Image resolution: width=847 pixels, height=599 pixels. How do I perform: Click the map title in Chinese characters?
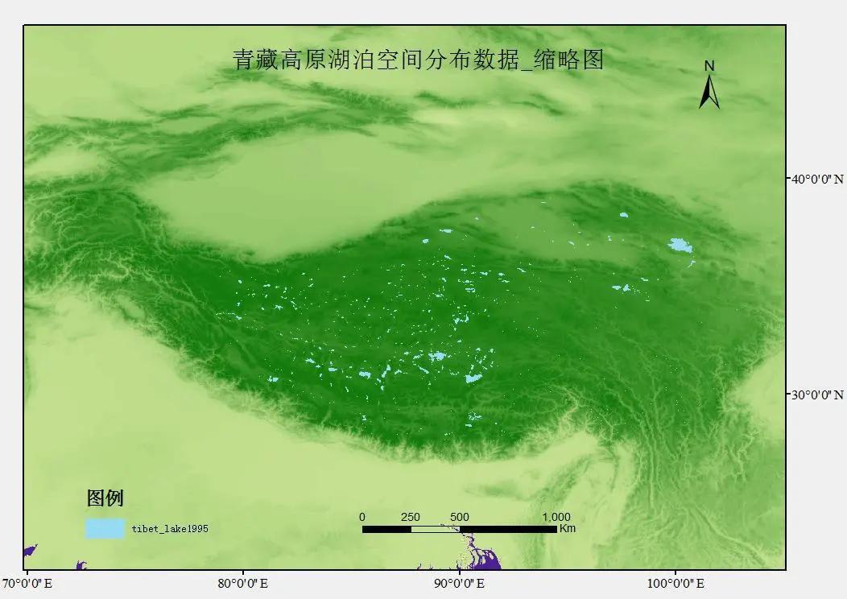point(418,60)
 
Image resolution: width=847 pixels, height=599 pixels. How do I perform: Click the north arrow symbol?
point(709,93)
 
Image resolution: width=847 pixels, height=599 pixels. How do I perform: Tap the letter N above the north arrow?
point(709,65)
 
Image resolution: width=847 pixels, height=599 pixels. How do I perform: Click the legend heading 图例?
point(105,498)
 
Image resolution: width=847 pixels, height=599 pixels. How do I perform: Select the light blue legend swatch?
point(105,528)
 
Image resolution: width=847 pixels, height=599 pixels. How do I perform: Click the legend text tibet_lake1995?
point(170,529)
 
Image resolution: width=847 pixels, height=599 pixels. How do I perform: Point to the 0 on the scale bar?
point(362,517)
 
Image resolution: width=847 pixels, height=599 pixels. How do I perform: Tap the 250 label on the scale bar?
point(411,517)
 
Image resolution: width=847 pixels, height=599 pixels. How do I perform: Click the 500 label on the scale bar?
point(460,517)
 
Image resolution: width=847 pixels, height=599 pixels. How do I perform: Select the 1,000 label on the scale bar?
point(556,517)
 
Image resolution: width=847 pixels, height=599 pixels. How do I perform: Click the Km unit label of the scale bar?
point(567,529)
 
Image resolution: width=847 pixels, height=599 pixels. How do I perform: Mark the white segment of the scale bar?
point(435,529)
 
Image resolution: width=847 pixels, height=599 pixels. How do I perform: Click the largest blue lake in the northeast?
point(680,245)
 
